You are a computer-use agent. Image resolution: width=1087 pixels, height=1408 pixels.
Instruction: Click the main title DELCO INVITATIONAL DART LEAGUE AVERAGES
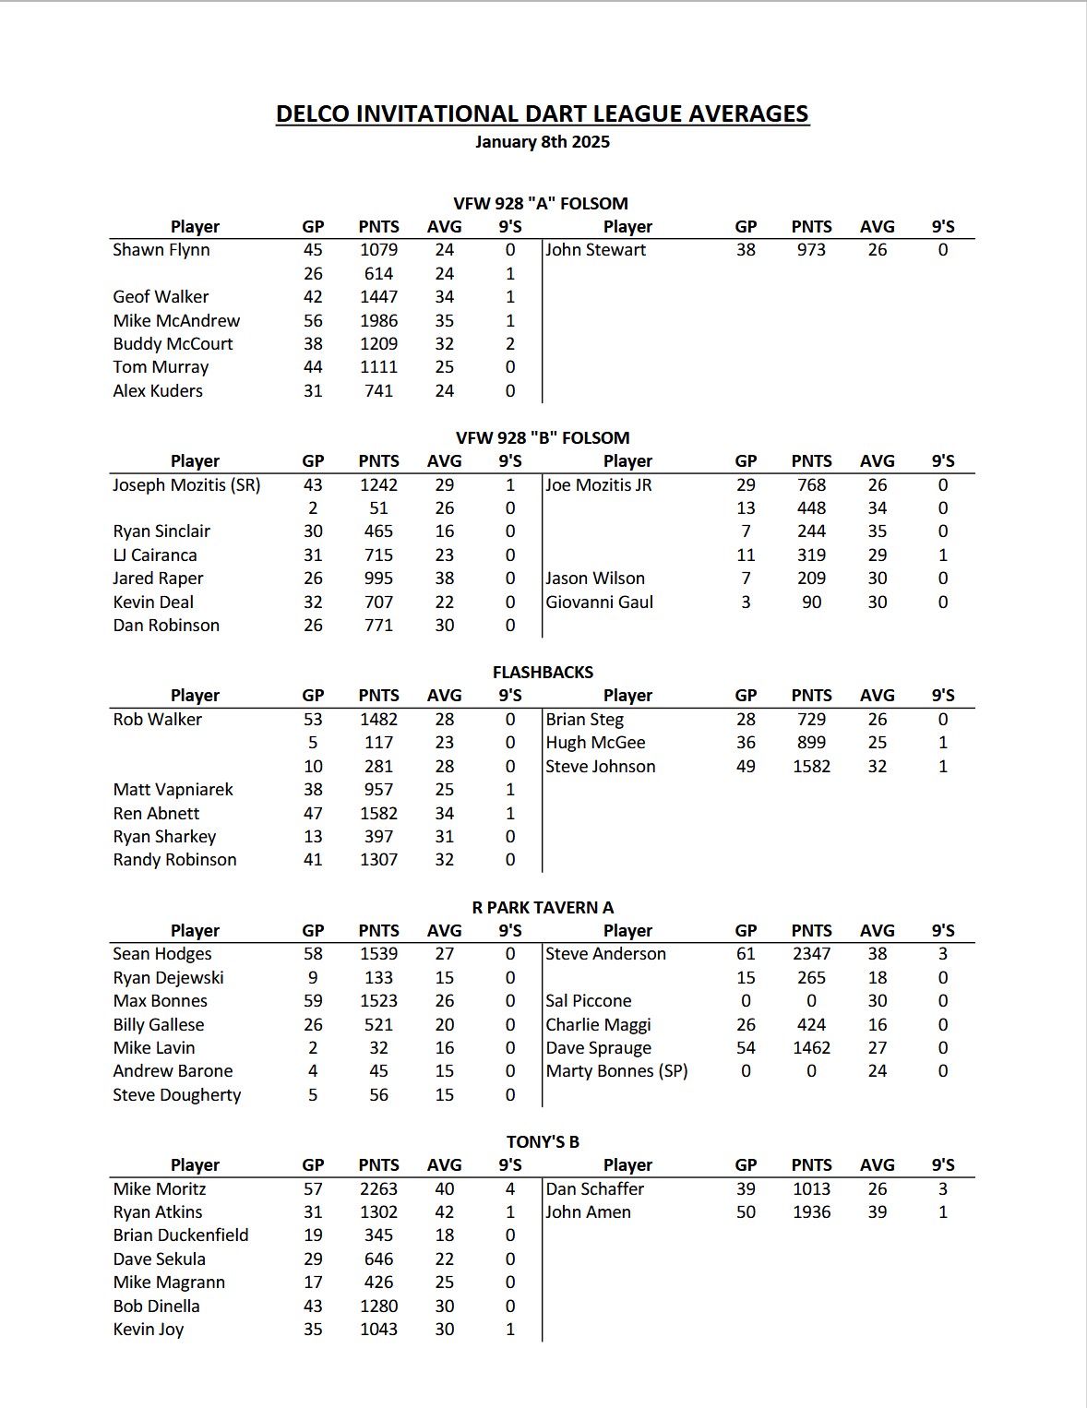(543, 113)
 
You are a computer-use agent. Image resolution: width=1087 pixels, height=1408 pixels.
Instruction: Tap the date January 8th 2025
(543, 142)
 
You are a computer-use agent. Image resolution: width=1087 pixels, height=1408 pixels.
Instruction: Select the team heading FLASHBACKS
(543, 672)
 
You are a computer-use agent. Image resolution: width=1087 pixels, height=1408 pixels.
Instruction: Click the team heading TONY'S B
(543, 1141)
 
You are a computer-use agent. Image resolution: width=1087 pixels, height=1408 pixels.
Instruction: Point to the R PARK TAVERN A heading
(543, 907)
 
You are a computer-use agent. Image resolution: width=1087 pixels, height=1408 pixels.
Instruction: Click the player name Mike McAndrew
(176, 320)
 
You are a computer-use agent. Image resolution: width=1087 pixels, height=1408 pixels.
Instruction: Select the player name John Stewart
(595, 249)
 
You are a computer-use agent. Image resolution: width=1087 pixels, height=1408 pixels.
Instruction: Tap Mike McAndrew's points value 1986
(378, 320)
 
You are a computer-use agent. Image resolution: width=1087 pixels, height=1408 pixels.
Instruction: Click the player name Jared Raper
(158, 578)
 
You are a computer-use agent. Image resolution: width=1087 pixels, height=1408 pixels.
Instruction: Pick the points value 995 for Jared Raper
(378, 578)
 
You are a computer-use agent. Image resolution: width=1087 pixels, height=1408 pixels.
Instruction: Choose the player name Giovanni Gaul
(599, 602)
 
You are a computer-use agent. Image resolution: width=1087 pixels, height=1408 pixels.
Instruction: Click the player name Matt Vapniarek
(173, 789)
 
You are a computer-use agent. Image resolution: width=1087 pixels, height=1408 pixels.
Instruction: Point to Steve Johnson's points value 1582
(811, 766)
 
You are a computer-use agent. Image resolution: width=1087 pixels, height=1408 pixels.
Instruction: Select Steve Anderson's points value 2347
(811, 953)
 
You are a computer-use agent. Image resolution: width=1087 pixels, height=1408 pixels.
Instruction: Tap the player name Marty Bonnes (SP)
(616, 1070)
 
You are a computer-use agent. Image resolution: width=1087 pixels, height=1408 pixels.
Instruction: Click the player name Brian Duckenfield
(181, 1235)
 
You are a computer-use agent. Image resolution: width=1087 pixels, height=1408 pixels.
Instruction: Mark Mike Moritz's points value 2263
(378, 1188)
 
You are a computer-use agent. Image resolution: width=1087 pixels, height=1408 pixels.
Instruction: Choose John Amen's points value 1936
(811, 1211)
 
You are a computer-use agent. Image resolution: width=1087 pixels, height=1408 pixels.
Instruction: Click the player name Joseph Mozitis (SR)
(186, 484)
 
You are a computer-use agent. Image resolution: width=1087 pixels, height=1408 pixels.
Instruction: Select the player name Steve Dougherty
(176, 1094)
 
